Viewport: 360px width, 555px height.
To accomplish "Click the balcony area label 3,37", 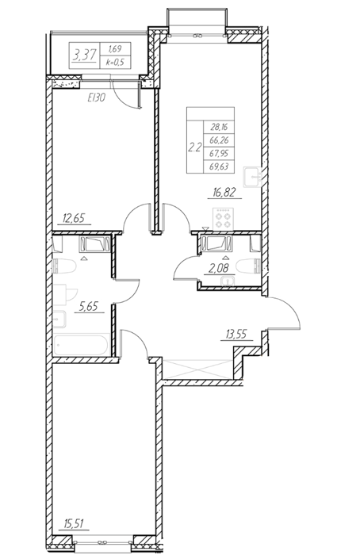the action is [84, 55].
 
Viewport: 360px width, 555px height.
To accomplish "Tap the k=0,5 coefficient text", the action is [116, 63].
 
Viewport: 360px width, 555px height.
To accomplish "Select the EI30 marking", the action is [96, 98].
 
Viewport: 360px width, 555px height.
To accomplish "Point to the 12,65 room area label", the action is [74, 218].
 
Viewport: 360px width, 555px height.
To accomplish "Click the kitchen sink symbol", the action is [252, 177].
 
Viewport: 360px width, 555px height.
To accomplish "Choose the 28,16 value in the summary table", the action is [218, 127].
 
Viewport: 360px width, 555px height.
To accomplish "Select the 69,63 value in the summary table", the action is [218, 166].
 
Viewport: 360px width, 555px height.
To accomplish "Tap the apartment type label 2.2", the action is [195, 147].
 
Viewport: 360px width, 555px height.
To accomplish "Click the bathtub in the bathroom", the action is [82, 345].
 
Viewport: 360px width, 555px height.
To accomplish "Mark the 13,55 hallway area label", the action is [237, 334].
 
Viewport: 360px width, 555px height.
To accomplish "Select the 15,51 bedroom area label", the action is [74, 523].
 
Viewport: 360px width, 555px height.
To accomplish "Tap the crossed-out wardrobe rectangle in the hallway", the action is [198, 369].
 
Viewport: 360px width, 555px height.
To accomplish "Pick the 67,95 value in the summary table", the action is [218, 153].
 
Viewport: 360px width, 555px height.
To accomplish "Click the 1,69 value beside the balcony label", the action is [115, 49].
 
